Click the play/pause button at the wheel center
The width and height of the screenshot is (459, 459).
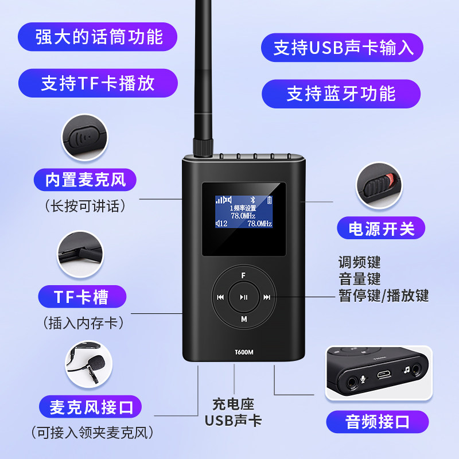[x=244, y=297]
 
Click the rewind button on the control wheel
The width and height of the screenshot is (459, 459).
[x=220, y=297]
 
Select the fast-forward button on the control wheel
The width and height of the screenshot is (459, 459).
[x=267, y=297]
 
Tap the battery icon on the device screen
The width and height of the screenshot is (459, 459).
[x=271, y=200]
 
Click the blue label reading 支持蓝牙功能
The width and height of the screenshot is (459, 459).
[x=341, y=94]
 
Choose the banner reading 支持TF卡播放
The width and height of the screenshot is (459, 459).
[x=98, y=83]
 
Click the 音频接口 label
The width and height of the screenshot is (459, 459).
[x=378, y=422]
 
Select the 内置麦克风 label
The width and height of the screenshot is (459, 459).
[x=85, y=180]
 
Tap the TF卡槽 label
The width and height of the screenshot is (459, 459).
[x=82, y=296]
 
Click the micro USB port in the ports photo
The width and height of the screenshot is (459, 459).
[x=383, y=376]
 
